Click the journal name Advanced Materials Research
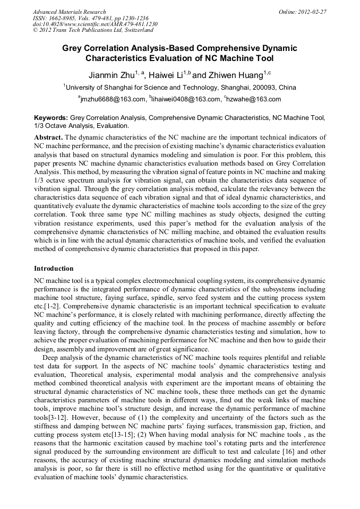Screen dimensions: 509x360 [x=69, y=12]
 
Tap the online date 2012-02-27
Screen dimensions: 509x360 [x=312, y=12]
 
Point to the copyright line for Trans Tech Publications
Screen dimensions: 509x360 [x=93, y=30]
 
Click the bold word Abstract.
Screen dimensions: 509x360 [x=48, y=137]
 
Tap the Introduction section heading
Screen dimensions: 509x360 [x=54, y=269]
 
